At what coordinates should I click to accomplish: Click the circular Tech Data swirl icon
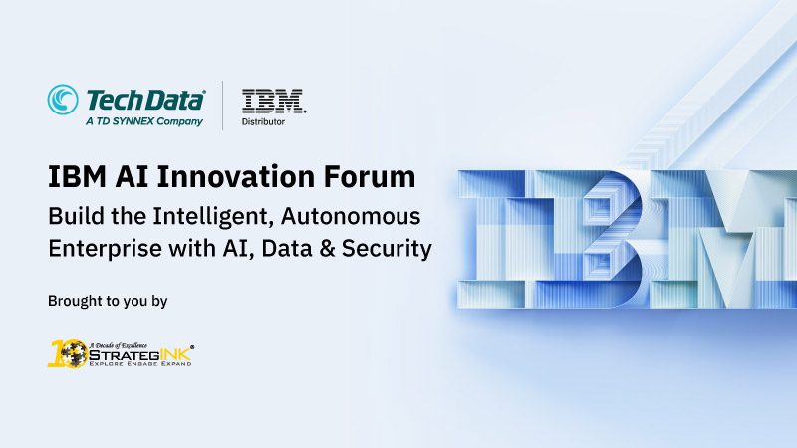(63, 100)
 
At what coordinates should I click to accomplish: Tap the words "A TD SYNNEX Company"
(144, 121)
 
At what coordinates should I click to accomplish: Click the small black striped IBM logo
(274, 101)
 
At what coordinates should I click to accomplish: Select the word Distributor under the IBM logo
(263, 121)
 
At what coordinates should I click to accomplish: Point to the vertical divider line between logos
(222, 106)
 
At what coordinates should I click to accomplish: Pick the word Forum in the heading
(370, 177)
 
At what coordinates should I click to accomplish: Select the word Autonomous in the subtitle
(351, 216)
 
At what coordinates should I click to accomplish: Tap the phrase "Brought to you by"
(108, 302)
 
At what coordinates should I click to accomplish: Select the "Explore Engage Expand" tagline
(140, 364)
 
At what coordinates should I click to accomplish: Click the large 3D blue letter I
(491, 239)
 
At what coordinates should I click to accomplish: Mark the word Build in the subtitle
(72, 216)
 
